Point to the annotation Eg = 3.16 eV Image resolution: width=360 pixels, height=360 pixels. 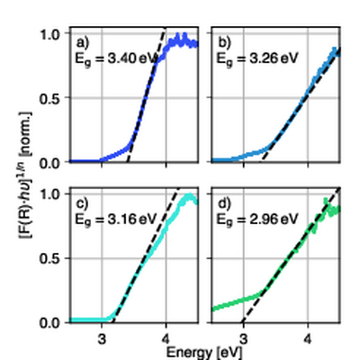coord(112,217)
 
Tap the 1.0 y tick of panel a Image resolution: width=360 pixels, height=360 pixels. coord(53,34)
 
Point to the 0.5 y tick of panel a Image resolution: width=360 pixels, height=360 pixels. coord(53,98)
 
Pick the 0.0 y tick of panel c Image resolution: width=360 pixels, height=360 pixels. coord(53,321)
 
